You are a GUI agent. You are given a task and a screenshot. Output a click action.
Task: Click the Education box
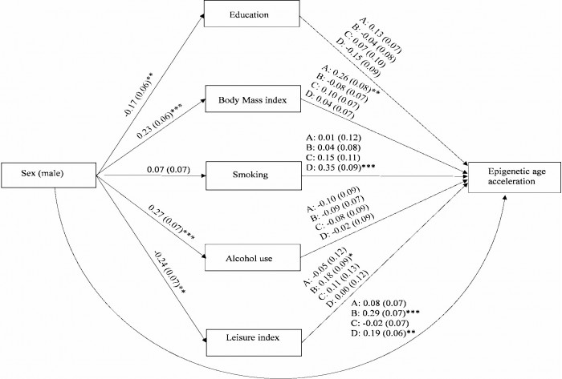point(252,14)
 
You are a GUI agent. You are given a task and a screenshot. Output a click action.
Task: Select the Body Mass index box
point(252,103)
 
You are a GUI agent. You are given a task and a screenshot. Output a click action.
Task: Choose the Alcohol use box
point(252,260)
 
